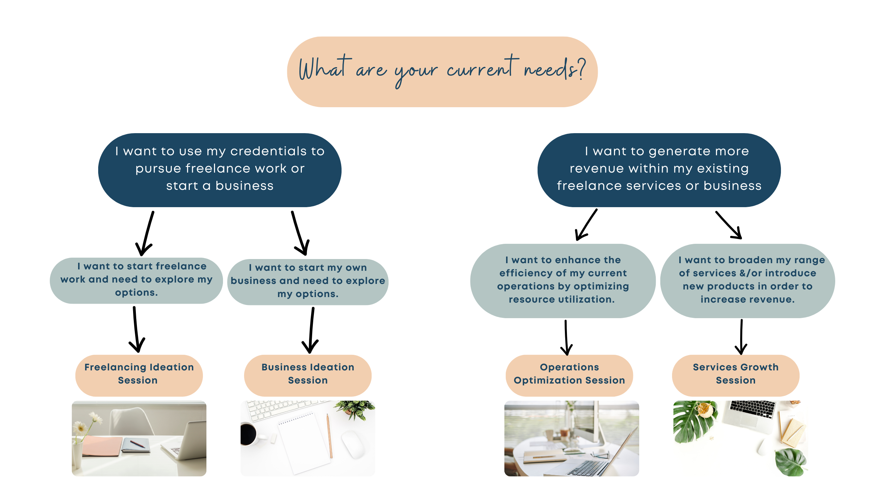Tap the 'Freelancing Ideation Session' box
(139, 375)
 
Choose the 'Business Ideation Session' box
(308, 375)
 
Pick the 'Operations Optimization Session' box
(569, 375)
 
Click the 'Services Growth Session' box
(736, 375)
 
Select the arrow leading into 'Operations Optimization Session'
(566, 338)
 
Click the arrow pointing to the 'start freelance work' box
(145, 233)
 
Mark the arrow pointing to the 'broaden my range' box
(729, 225)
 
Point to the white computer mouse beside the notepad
(353, 445)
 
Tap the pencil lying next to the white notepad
(329, 436)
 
